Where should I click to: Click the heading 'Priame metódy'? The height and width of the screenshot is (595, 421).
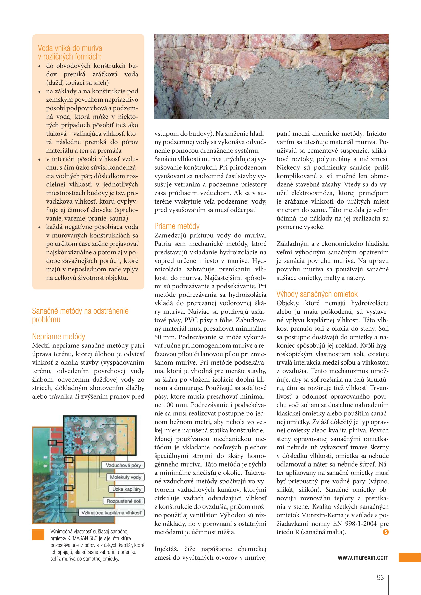pos(177,226)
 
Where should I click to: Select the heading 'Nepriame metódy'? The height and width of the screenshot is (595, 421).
pos(58,336)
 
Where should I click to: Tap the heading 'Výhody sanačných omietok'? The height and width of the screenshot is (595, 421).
pos(317,294)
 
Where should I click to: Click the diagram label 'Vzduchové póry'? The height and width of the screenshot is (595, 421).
pos(123,465)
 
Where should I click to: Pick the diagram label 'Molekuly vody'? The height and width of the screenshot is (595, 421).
pos(125,477)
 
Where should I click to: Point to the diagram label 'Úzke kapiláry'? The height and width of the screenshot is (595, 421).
pos(127,489)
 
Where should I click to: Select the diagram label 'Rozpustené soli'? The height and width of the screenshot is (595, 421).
pos(124,501)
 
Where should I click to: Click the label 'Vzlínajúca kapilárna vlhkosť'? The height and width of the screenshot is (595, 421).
pos(111,513)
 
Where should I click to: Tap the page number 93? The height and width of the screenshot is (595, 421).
pos(380,577)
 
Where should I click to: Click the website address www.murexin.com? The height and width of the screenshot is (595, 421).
pos(363,557)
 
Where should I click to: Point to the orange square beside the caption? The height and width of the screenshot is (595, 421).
pos(38,535)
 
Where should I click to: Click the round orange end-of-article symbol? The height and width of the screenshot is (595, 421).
pos(385,532)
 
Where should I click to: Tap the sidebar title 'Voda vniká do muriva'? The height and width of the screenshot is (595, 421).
pos(70,48)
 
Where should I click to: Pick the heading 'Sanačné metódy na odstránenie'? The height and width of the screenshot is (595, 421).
pos(80,311)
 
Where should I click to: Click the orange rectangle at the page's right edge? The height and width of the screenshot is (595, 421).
pos(410,557)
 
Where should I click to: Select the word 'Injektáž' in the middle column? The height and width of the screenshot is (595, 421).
pos(166,549)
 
